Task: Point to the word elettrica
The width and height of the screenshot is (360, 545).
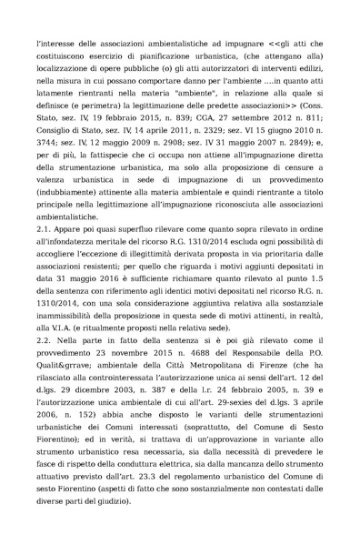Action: (205, 489)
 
